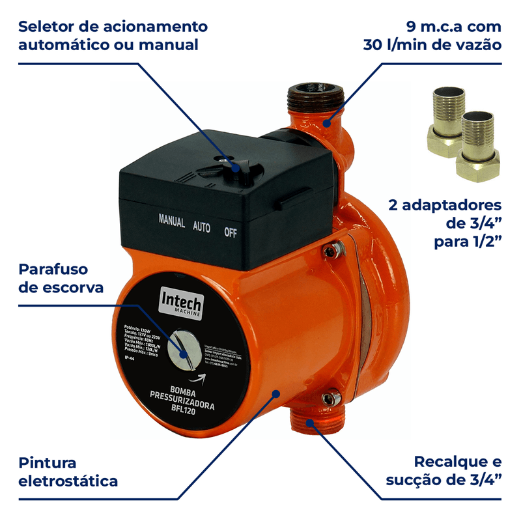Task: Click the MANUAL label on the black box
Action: tap(172, 220)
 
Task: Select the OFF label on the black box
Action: tap(231, 231)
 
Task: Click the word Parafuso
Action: tap(53, 270)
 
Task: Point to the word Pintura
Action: tap(48, 463)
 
